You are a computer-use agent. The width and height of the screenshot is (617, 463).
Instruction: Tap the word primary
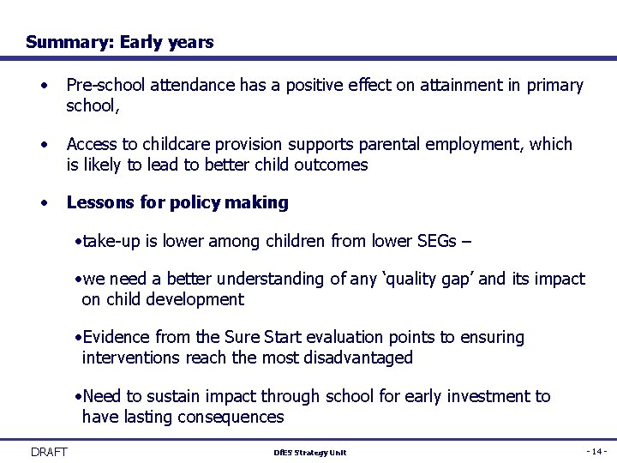(x=555, y=86)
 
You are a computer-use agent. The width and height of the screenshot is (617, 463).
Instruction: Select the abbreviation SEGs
(x=434, y=241)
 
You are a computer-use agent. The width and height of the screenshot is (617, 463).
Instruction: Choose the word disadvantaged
(x=353, y=358)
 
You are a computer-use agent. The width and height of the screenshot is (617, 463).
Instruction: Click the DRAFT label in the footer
(x=49, y=452)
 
